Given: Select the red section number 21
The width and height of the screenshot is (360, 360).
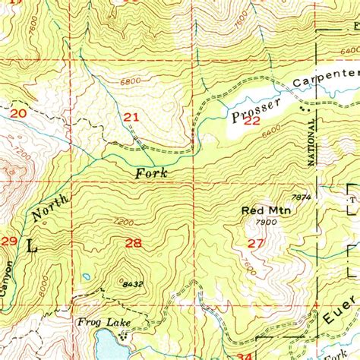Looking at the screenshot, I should coord(131,117).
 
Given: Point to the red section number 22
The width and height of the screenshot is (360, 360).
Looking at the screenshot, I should coord(252,120).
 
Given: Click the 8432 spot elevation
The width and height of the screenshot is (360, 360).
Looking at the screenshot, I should coord(131,284).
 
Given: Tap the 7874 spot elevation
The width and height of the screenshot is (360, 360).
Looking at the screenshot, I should coord(301,197).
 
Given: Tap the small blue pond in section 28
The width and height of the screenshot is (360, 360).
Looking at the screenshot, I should coord(87,276).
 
